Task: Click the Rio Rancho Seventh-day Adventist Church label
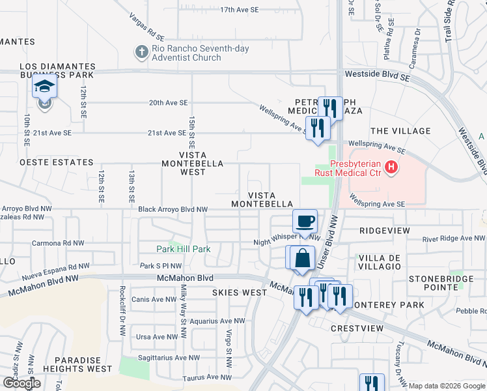(186, 53)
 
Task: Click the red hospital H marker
(391, 168)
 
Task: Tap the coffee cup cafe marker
(305, 222)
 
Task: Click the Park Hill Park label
(183, 249)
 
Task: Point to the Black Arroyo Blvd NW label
(173, 209)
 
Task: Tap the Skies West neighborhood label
(240, 293)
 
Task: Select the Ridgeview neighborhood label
(385, 231)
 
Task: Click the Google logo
(21, 383)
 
